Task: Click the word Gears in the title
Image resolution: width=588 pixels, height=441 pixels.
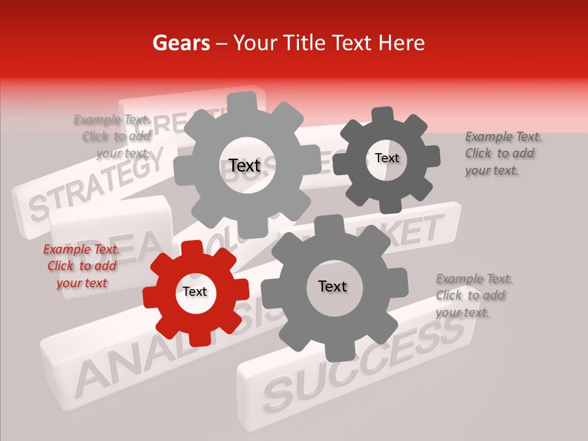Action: tap(181, 43)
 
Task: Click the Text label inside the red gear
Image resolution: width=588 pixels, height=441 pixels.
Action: tap(195, 292)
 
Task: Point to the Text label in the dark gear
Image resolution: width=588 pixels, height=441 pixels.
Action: tap(386, 158)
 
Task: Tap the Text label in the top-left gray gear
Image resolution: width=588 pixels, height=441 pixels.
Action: tap(244, 165)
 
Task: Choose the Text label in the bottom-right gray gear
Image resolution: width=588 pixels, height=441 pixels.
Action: tap(333, 286)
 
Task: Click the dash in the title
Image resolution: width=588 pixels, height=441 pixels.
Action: tap(223, 43)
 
